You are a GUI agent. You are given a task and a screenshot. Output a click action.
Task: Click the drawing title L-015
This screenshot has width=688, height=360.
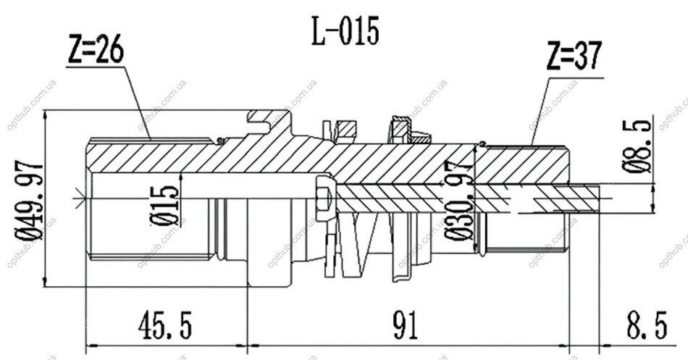click(345, 31)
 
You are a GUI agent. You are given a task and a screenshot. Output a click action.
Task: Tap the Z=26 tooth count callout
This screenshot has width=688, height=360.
click(96, 49)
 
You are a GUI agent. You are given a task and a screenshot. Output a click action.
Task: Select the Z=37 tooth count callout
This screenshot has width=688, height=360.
click(574, 56)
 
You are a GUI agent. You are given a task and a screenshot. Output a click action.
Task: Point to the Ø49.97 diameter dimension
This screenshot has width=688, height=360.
click(30, 201)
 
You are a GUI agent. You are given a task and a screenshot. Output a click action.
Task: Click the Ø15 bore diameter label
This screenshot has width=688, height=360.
click(165, 206)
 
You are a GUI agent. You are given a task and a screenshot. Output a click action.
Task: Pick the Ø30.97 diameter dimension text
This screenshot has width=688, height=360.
click(459, 201)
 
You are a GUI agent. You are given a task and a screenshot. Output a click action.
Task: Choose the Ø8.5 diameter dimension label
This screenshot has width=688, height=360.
click(637, 147)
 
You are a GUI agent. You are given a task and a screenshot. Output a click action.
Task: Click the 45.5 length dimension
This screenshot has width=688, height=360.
click(165, 326)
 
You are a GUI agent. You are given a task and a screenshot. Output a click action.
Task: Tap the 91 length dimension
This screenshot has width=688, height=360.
click(406, 326)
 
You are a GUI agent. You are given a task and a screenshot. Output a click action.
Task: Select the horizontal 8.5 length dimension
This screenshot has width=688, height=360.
click(647, 325)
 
